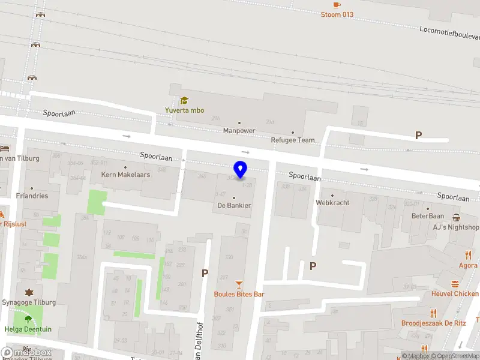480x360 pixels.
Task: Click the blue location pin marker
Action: pyautogui.click(x=241, y=170)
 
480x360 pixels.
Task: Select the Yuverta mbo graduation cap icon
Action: pyautogui.click(x=184, y=101)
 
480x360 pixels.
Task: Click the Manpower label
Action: pyautogui.click(x=239, y=130)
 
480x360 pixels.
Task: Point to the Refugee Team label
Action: pyautogui.click(x=293, y=140)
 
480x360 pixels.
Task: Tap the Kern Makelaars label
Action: pyautogui.click(x=125, y=175)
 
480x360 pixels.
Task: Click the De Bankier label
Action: pyautogui.click(x=234, y=205)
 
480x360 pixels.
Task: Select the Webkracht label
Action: pyautogui.click(x=332, y=202)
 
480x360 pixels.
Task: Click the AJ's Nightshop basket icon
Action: pyautogui.click(x=457, y=217)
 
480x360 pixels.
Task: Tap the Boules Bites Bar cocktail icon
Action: pyautogui.click(x=239, y=283)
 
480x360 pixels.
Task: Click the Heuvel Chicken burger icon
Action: pyautogui.click(x=455, y=284)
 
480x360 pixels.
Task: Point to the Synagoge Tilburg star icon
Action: pyautogui.click(x=28, y=292)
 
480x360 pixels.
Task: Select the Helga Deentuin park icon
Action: pyautogui.click(x=28, y=320)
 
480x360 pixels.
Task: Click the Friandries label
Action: pyautogui.click(x=32, y=196)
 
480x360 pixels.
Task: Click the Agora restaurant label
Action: pyautogui.click(x=468, y=265)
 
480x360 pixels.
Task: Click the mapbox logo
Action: pyautogui.click(x=26, y=352)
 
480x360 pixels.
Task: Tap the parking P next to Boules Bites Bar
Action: pyautogui.click(x=205, y=274)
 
